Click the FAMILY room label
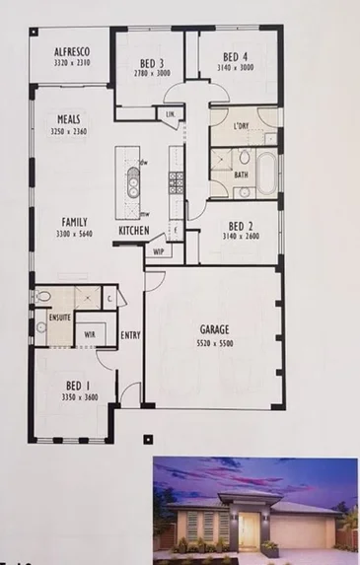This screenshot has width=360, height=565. click(x=75, y=223)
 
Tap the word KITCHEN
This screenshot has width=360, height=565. click(x=135, y=230)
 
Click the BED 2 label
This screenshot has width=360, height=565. click(x=237, y=224)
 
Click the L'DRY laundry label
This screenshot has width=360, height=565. click(x=240, y=126)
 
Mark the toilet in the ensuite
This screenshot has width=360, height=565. click(x=43, y=295)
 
